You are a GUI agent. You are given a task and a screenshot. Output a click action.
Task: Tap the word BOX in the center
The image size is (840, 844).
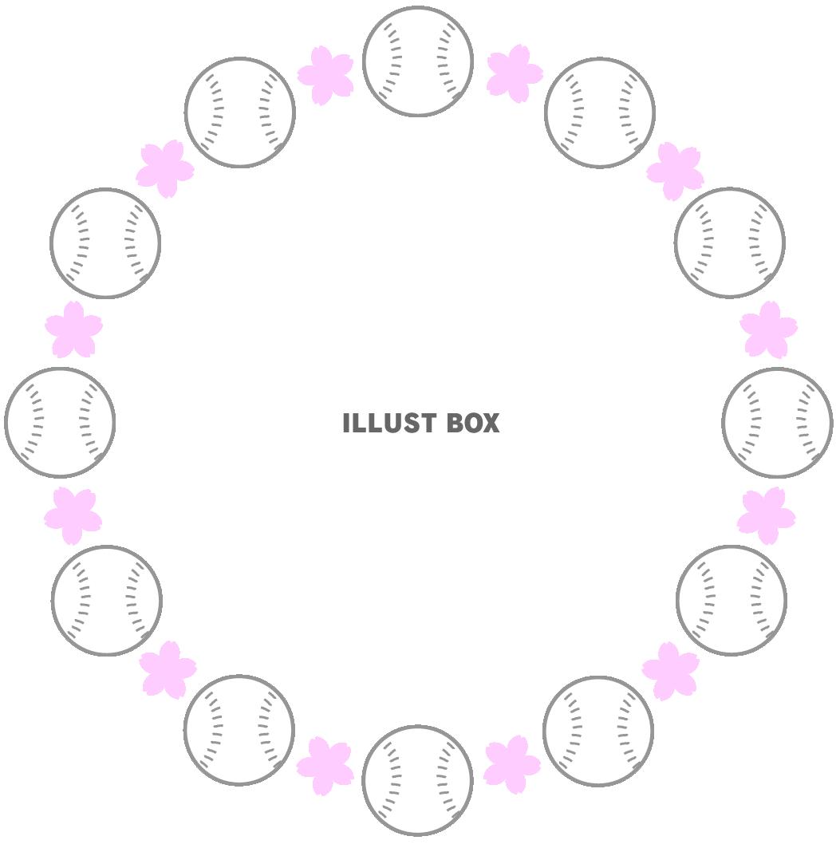tap(473, 423)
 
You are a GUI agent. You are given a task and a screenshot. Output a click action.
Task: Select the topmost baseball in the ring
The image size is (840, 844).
tap(417, 61)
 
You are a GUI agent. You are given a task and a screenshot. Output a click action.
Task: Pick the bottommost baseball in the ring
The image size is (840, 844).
tap(417, 780)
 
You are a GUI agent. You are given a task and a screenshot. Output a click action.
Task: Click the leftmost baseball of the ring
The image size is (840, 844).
tap(60, 423)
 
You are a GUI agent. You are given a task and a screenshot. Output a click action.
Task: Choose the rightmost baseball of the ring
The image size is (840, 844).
tap(777, 423)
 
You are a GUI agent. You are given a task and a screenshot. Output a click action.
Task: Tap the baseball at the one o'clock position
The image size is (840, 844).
tap(599, 112)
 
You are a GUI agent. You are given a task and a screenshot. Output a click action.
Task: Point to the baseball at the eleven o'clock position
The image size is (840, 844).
tap(240, 112)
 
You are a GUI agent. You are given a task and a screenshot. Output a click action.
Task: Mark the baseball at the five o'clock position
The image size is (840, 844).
tap(598, 731)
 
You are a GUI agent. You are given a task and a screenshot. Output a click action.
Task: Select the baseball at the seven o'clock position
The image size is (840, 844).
tap(239, 730)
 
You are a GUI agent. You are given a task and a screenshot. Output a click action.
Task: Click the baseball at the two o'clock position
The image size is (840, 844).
tap(730, 243)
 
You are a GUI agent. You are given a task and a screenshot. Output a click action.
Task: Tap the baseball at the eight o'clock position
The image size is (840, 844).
tap(107, 600)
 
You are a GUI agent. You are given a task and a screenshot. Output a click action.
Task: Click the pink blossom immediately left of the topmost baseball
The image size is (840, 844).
tap(325, 75)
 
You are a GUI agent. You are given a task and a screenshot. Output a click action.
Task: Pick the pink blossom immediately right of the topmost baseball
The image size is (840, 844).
tap(515, 73)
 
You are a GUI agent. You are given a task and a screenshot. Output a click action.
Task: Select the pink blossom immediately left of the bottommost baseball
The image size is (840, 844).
tap(325, 767)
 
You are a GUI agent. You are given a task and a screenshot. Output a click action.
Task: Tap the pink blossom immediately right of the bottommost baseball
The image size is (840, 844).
tap(512, 765)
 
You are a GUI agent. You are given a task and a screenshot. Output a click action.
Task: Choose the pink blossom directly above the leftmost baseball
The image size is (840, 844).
tap(73, 329)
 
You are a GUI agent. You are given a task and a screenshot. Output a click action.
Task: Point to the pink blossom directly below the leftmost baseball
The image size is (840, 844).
tap(73, 515)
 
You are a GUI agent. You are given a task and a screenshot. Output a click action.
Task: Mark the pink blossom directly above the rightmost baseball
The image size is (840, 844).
tap(768, 329)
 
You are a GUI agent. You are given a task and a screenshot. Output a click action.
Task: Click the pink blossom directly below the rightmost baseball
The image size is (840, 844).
tap(767, 515)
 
